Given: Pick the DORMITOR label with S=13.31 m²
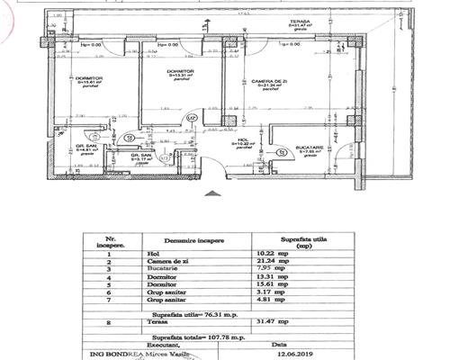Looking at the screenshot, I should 182,71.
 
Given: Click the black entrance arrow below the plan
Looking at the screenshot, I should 212,192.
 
